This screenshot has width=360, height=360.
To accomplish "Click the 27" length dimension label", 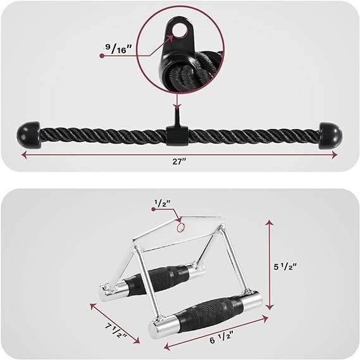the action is coord(179,161).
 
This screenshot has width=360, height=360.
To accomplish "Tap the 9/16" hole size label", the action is coord(119,48).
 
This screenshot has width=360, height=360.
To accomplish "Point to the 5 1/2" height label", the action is coord(285,267).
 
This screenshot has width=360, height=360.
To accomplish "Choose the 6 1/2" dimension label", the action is coord(221,339).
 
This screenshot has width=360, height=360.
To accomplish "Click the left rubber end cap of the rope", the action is coord(28,133).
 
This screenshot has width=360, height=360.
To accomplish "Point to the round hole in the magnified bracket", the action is coord(180,30).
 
